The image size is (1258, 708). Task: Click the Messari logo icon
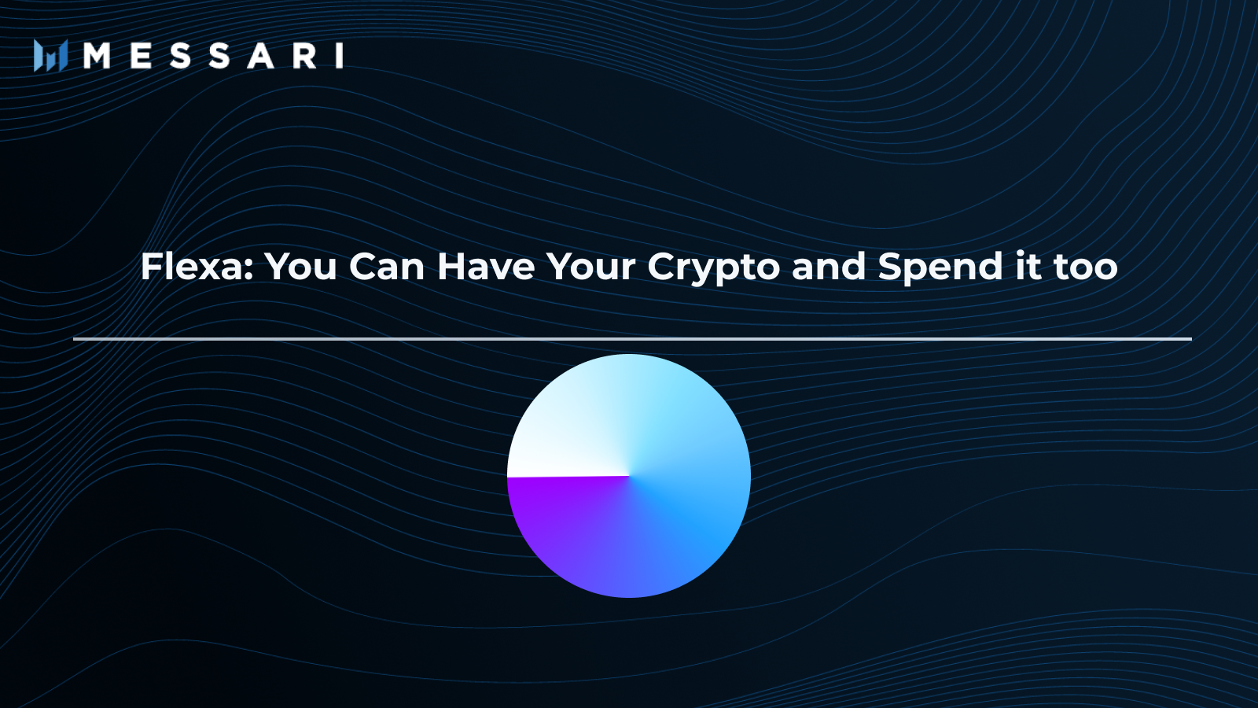50,56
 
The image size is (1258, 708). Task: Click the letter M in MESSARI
97,56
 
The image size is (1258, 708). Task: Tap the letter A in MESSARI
261,56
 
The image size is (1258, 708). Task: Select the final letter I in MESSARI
340,56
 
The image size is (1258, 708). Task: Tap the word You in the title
300,267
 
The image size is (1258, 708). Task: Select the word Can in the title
386,267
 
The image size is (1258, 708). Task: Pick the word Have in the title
486,267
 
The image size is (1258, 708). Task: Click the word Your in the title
590,267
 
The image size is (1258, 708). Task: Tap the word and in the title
829,267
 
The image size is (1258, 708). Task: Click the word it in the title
1028,267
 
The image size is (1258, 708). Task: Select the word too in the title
1086,267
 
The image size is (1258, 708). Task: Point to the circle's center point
629,476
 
